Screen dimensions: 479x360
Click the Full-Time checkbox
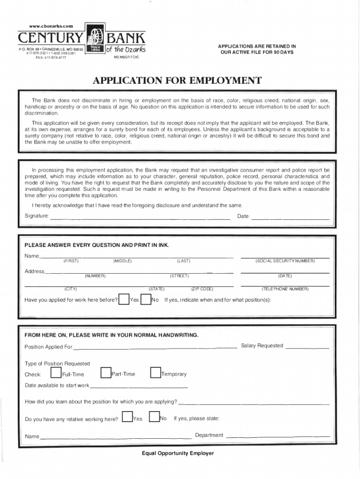56,373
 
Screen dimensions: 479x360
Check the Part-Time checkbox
106,373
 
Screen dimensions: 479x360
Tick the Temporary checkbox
156,373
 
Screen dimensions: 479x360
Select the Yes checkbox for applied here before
124,299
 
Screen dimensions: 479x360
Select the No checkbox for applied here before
146,299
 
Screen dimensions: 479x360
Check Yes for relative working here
127,417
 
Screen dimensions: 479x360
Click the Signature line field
140,218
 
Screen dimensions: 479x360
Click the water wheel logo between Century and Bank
95,40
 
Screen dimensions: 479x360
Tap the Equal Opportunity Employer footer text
178,453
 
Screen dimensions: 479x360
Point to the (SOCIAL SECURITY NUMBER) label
285,261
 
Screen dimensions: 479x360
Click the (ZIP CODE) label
202,289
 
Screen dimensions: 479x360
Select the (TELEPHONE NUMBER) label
285,289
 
